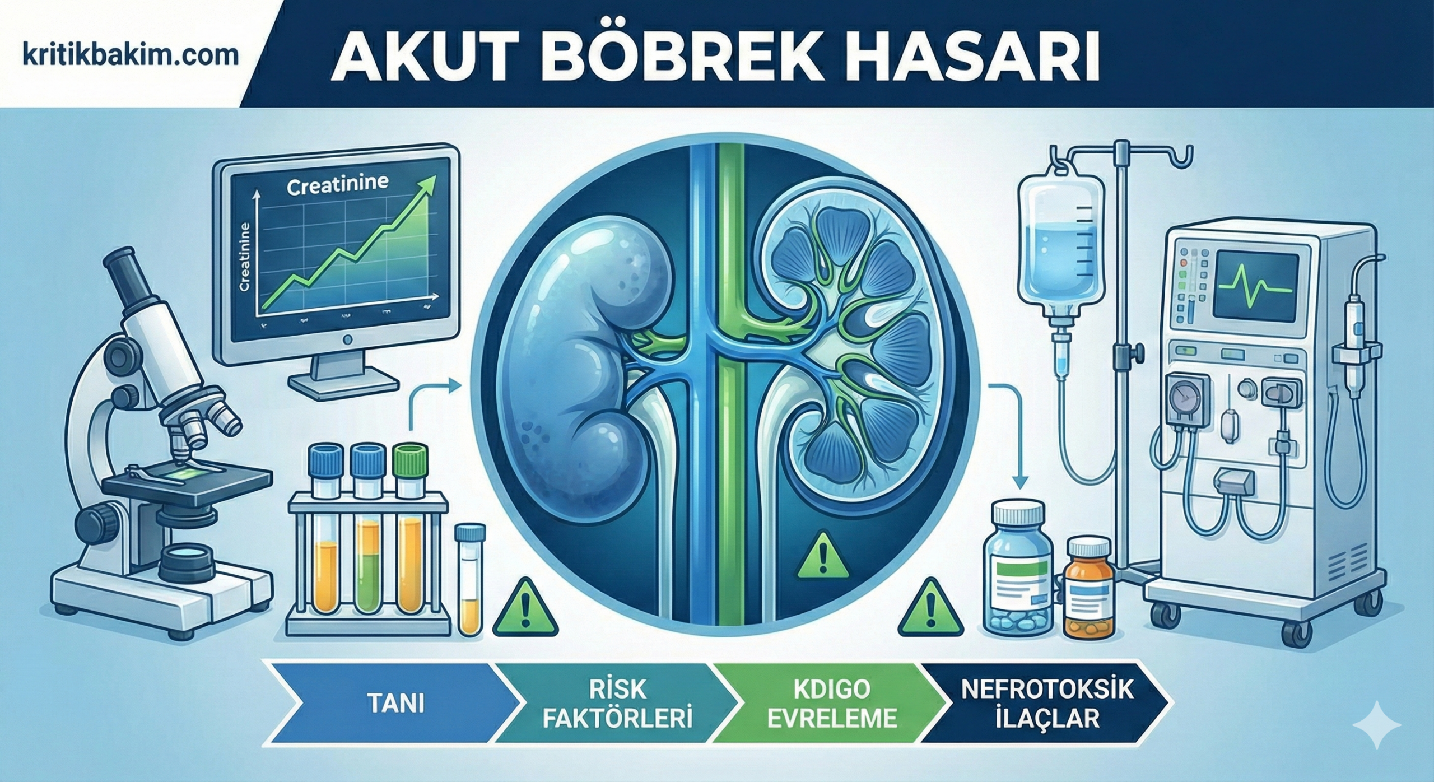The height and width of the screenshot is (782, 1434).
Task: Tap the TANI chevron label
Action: [396, 704]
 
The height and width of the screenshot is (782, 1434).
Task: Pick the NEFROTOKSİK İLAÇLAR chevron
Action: [1046, 703]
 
